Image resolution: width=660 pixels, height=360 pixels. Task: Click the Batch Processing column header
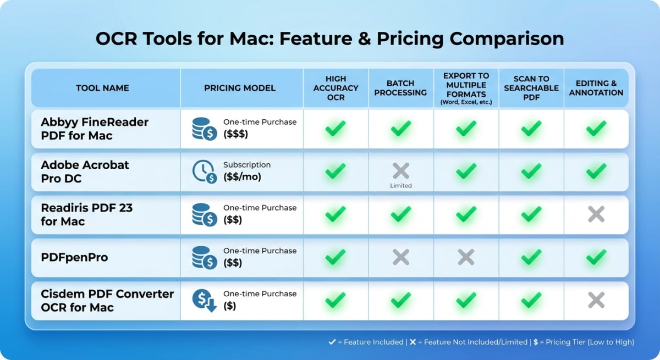(x=400, y=88)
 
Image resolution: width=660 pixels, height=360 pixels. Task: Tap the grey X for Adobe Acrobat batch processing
(x=401, y=170)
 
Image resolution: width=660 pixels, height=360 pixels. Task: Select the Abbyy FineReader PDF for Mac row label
(x=95, y=129)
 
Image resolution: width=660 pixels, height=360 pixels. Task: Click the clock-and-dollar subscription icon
(x=204, y=171)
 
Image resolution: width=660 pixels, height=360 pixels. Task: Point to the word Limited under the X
(x=401, y=186)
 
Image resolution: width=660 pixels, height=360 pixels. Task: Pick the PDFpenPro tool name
(x=74, y=257)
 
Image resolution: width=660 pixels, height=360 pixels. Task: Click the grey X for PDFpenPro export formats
(x=466, y=257)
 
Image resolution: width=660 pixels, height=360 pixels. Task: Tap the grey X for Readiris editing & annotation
(x=596, y=214)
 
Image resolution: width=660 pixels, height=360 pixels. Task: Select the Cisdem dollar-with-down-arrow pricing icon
(x=204, y=300)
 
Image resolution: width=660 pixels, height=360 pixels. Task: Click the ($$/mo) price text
(x=242, y=177)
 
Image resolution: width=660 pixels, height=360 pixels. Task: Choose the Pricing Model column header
(x=240, y=88)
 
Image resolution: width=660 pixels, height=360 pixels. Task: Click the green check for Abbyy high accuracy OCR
(x=335, y=128)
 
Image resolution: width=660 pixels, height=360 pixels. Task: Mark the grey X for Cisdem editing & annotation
(x=596, y=300)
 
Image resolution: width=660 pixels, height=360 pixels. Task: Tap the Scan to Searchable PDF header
(x=531, y=88)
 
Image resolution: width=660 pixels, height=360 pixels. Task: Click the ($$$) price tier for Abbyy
(x=235, y=134)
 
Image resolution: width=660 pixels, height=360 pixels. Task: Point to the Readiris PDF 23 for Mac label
(x=87, y=214)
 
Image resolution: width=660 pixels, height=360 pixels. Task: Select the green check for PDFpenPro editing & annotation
(x=596, y=257)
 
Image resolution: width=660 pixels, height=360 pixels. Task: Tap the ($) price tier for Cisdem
(x=229, y=306)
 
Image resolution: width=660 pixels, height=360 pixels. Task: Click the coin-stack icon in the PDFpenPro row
(x=204, y=257)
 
